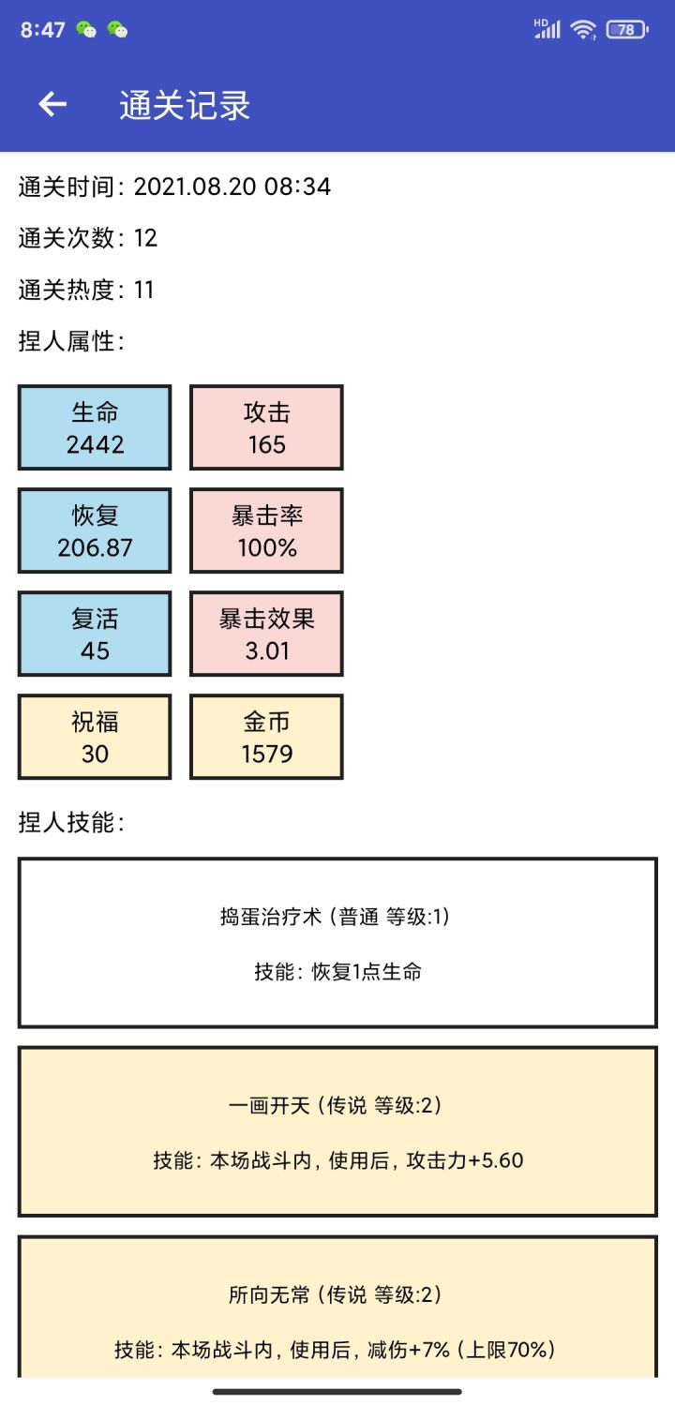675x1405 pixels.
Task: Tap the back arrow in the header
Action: click(x=52, y=104)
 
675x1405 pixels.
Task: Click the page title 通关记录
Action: click(x=185, y=105)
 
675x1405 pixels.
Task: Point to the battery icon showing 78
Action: click(x=626, y=29)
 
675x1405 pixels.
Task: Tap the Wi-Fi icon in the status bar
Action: click(x=583, y=29)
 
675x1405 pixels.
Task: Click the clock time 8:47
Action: click(x=43, y=29)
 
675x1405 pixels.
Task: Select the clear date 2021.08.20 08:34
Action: click(x=232, y=187)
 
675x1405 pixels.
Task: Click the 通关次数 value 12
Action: click(x=145, y=238)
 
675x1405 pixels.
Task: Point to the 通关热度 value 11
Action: click(x=143, y=290)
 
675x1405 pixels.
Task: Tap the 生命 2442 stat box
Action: click(x=95, y=427)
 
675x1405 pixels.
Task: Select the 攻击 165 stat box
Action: click(x=266, y=427)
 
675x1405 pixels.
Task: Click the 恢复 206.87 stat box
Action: click(x=95, y=531)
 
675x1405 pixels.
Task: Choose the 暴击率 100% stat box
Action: click(x=266, y=531)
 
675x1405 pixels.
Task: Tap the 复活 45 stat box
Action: click(x=95, y=634)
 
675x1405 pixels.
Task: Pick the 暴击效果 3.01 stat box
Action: click(x=266, y=634)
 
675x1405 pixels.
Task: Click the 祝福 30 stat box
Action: click(x=95, y=737)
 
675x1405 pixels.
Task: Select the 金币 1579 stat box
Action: click(x=266, y=737)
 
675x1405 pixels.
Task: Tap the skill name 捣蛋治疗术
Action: click(x=270, y=917)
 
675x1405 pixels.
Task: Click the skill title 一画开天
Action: click(x=269, y=1105)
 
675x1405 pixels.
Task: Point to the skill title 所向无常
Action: click(x=269, y=1294)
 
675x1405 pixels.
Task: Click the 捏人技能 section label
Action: click(x=71, y=822)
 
